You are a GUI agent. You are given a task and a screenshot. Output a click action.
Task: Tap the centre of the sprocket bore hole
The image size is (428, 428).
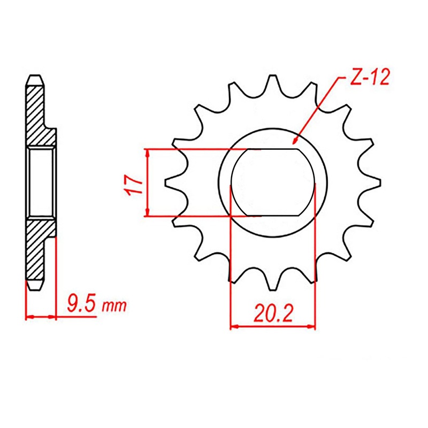pyautogui.click(x=272, y=182)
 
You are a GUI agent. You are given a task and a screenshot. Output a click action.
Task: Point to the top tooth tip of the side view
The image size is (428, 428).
pyautogui.click(x=34, y=77)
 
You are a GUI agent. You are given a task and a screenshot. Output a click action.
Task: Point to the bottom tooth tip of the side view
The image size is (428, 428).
pyautogui.click(x=34, y=288)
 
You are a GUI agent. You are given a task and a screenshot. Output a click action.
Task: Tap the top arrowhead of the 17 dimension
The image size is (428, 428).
pyautogui.click(x=147, y=152)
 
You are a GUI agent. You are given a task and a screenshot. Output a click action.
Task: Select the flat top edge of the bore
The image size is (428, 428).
pyautogui.click(x=272, y=149)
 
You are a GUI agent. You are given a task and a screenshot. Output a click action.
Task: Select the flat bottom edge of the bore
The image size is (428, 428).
pyautogui.click(x=272, y=216)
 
